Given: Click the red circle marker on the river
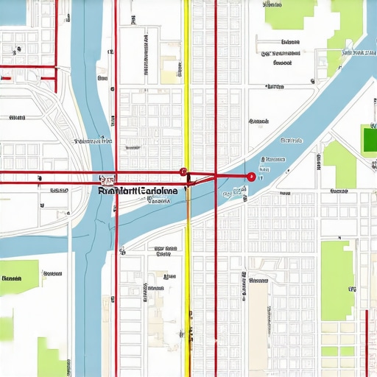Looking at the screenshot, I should click(251, 177).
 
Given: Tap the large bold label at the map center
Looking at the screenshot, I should click(138, 191).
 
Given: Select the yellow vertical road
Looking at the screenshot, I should click(187, 88).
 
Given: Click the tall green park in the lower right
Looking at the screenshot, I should click(337, 280).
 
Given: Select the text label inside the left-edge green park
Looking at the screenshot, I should click(12, 279).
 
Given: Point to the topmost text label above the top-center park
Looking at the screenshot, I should click(272, 4).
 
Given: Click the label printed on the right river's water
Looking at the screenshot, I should click(274, 159).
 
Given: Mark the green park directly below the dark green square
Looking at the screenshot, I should click(339, 163).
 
